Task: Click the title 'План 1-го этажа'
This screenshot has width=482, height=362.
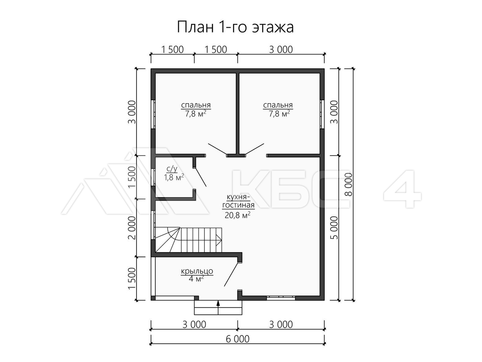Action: point(235,27)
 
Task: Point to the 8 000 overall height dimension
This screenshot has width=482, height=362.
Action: point(348,184)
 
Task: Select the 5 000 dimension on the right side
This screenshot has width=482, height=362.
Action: point(334,228)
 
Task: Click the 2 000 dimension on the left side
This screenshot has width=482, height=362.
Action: point(132,228)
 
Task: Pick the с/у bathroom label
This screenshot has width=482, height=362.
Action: point(172,169)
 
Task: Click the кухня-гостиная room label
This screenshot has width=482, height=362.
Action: point(238,201)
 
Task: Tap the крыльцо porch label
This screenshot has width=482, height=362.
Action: point(197,271)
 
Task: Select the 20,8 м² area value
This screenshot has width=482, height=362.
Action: point(238,215)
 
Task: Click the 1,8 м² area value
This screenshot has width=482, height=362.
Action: point(174,177)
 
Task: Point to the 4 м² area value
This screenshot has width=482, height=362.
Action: point(196,279)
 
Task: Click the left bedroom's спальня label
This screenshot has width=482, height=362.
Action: point(196,105)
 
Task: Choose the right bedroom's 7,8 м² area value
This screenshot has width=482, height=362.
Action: point(279,113)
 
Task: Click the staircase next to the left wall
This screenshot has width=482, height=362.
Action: point(188,240)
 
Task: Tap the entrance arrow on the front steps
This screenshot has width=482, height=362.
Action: point(218,307)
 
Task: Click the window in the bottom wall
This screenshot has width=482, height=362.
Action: point(281,298)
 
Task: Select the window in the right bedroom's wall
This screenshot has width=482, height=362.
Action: point(322,114)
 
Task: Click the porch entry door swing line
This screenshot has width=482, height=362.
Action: point(231,274)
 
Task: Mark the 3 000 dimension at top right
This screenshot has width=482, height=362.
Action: point(281,49)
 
